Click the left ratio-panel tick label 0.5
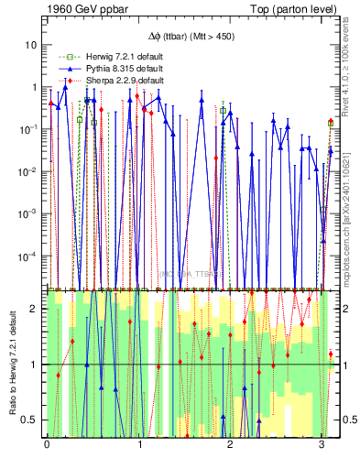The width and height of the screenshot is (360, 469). click(x=30, y=420)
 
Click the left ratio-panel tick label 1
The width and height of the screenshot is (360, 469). click(x=34, y=365)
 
